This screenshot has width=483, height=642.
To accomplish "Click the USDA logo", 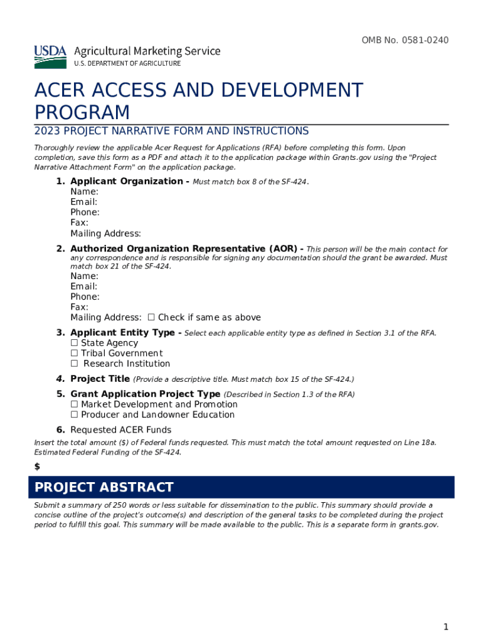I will tap(50, 56).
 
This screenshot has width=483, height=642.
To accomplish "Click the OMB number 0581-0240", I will tap(405, 41).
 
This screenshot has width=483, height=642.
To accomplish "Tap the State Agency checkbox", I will tap(74, 343).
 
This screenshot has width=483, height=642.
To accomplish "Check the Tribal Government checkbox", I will tap(74, 354).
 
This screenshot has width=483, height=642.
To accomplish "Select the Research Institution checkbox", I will tap(74, 364).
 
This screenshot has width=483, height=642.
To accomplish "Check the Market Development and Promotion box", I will tap(74, 404).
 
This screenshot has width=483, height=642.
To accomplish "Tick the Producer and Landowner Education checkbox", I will tap(74, 415).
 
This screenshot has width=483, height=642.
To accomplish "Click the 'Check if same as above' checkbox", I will tap(151, 318).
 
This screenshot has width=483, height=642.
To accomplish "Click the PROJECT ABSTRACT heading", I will tap(104, 488).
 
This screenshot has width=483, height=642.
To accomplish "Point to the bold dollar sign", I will tap(37, 466).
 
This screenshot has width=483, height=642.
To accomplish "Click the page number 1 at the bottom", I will tap(445, 627).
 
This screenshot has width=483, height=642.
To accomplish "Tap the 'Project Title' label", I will tap(100, 379).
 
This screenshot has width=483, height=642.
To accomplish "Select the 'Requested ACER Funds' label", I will tap(120, 430).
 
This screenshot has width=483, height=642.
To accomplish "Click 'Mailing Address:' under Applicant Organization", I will tap(105, 234).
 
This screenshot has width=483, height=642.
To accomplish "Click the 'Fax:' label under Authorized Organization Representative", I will tap(79, 307).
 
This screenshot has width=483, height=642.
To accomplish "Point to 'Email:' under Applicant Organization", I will tap(83, 202).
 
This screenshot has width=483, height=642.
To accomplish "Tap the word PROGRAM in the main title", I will tap(82, 113).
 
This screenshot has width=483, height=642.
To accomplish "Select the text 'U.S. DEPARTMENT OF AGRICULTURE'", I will tap(127, 64).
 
